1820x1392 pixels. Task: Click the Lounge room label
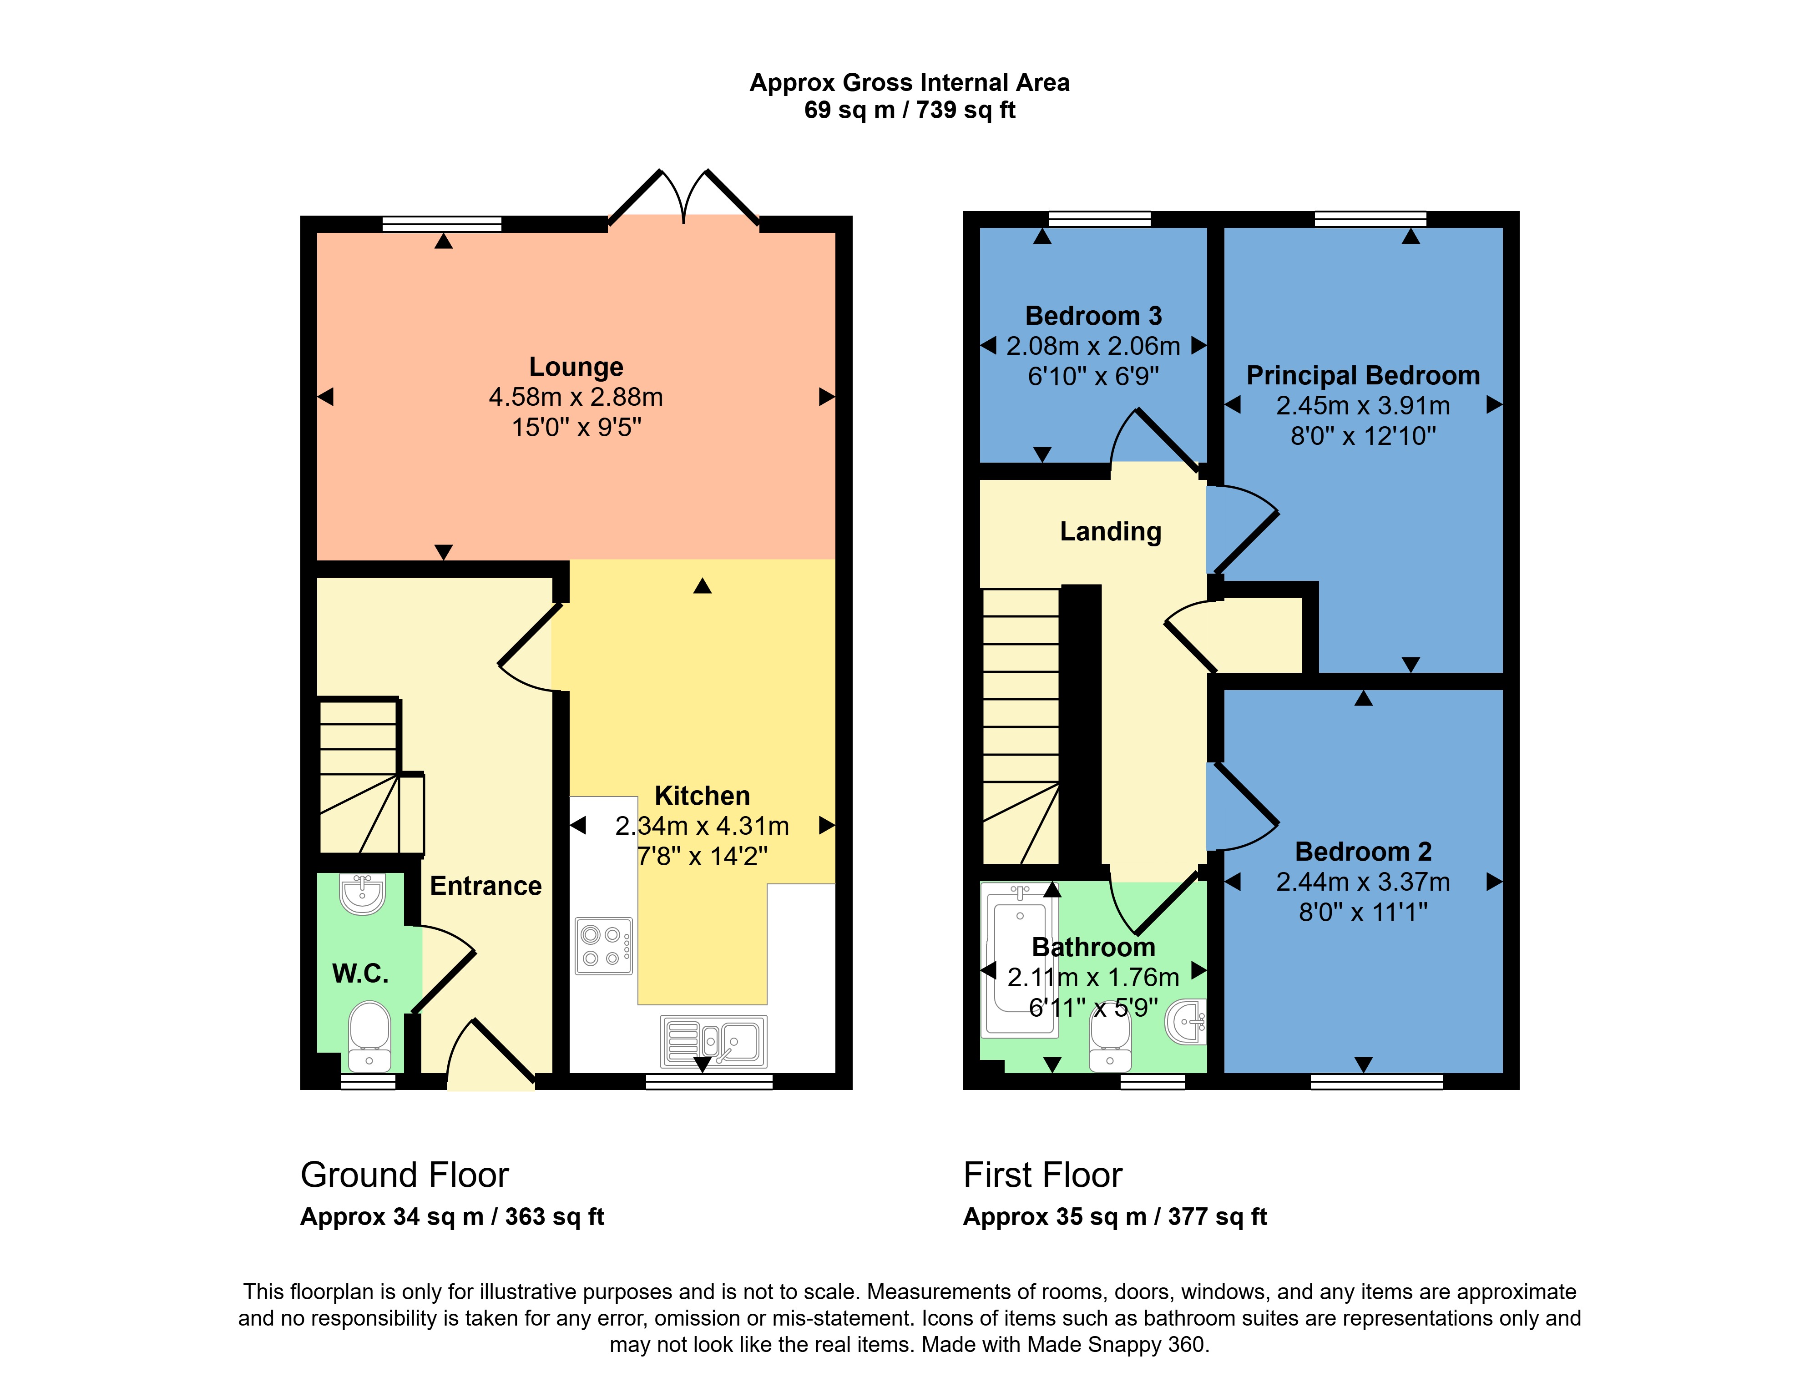pos(576,367)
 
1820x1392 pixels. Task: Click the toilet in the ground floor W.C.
pos(369,1036)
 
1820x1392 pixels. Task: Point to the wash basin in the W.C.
pos(362,894)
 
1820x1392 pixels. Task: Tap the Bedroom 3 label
pos(1093,316)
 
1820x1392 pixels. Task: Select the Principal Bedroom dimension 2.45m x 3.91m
pos(1363,406)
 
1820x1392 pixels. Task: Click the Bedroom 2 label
pos(1363,852)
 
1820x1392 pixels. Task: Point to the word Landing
pos(1111,532)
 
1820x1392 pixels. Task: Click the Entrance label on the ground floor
pos(485,886)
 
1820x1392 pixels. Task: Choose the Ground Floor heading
pos(404,1175)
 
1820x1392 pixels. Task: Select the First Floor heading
pos(1042,1175)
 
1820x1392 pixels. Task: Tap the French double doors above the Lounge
pos(684,197)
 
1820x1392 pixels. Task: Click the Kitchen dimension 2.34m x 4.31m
pos(702,826)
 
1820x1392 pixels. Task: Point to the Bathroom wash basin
pos(1187,1022)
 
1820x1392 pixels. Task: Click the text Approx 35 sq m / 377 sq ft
pos(1115,1217)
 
